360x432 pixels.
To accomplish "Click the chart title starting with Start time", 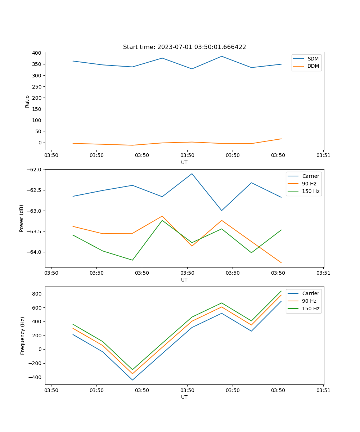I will pyautogui.click(x=184, y=47).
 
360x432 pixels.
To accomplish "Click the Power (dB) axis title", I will pyautogui.click(x=22, y=218).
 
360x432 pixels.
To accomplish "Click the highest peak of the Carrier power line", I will pyautogui.click(x=192, y=174).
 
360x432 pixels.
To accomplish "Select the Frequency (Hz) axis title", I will pyautogui.click(x=23, y=336).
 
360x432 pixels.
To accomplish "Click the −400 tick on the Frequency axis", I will pyautogui.click(x=36, y=377).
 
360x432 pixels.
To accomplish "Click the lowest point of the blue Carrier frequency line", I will pyautogui.click(x=132, y=380).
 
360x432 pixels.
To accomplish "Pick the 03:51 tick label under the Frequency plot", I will pyautogui.click(x=323, y=390).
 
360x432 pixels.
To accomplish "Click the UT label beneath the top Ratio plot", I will pyautogui.click(x=184, y=162).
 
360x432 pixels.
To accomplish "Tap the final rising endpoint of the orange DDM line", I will pyautogui.click(x=281, y=139).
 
